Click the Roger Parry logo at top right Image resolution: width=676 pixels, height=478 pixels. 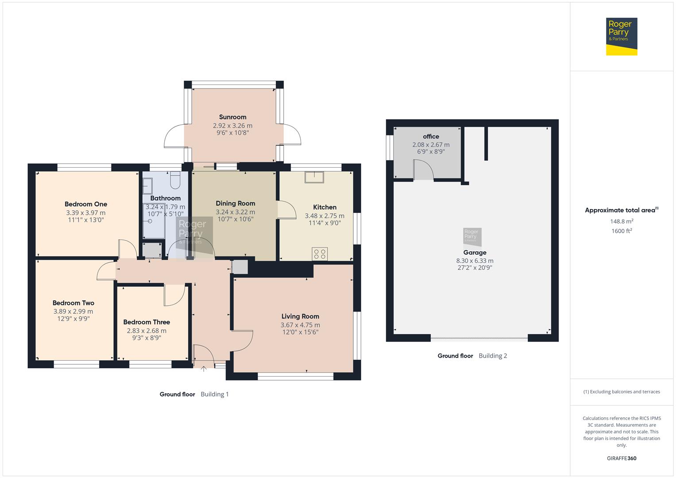pyautogui.click(x=621, y=36)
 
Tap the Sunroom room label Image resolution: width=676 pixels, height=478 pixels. pyautogui.click(x=232, y=117)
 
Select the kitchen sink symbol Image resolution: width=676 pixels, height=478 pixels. pyautogui.click(x=314, y=177)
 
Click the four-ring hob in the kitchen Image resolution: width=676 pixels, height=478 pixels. pyautogui.click(x=320, y=254)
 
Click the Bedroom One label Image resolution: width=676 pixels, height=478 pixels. pyautogui.click(x=86, y=204)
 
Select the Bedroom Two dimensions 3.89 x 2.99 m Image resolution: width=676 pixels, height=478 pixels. pyautogui.click(x=73, y=311)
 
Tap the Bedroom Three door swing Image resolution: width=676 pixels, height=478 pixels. pyautogui.click(x=174, y=295)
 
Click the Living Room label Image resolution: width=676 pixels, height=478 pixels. pyautogui.click(x=300, y=316)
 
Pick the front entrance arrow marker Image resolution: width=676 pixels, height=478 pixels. pyautogui.click(x=204, y=368)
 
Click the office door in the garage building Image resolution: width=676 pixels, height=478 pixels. pyautogui.click(x=423, y=170)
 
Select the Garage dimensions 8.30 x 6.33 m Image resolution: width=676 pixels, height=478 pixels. pyautogui.click(x=475, y=261)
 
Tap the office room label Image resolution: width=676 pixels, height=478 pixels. pyautogui.click(x=431, y=136)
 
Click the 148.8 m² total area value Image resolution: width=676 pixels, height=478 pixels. pyautogui.click(x=622, y=221)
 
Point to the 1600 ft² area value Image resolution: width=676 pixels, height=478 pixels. pyautogui.click(x=622, y=231)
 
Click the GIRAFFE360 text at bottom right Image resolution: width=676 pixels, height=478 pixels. pyautogui.click(x=622, y=458)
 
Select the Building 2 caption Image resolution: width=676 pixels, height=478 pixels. pyautogui.click(x=493, y=355)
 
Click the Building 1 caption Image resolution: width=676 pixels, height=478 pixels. pyautogui.click(x=215, y=394)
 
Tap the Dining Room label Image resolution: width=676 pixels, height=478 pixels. pyautogui.click(x=235, y=203)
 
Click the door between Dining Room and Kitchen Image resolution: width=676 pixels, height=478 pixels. pyautogui.click(x=286, y=210)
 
